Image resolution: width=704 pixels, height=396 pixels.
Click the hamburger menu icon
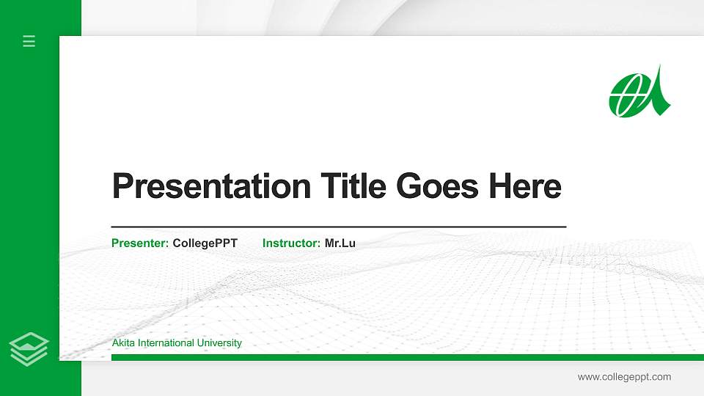(x=29, y=42)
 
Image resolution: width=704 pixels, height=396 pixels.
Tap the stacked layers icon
(x=29, y=348)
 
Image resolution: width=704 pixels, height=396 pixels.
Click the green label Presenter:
(x=140, y=243)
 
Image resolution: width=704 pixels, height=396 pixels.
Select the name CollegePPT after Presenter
(x=205, y=243)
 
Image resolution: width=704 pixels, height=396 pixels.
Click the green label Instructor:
(x=291, y=243)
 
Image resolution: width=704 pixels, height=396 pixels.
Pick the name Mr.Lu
(x=340, y=243)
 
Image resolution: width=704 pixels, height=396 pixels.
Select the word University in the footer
(x=220, y=343)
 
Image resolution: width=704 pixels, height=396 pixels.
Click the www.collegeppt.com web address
(x=624, y=377)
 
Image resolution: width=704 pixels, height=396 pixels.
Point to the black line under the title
(x=338, y=227)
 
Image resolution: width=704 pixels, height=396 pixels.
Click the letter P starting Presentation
(x=122, y=186)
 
